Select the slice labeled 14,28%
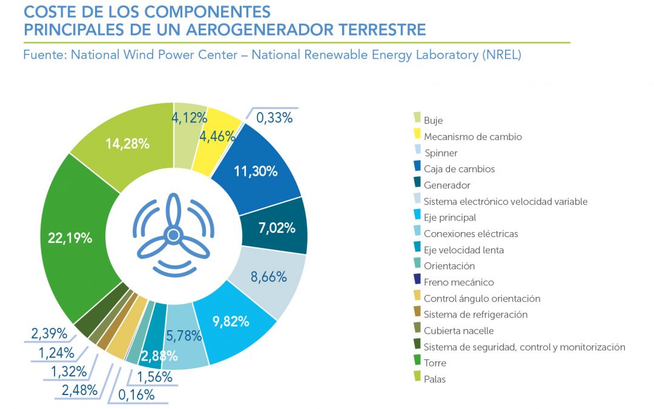click(127, 144)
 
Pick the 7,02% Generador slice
click(276, 228)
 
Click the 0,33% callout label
click(274, 118)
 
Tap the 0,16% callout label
click(136, 395)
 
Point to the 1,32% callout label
click(68, 371)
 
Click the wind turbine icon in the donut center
click(173, 234)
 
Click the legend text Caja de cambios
click(459, 169)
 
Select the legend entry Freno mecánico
click(458, 282)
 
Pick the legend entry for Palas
click(434, 379)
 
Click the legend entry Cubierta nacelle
click(458, 331)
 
